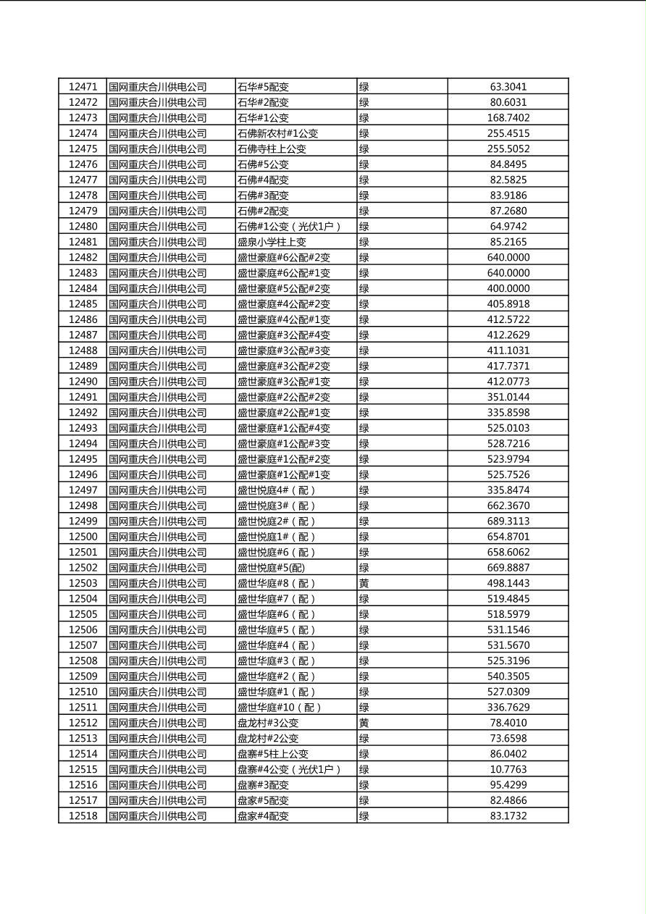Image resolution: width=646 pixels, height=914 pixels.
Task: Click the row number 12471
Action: click(x=83, y=87)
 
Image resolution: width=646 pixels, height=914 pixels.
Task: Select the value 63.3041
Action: click(x=508, y=87)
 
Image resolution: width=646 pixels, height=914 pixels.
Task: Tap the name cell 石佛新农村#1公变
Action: click(x=278, y=133)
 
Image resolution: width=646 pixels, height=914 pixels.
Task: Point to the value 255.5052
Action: click(x=508, y=149)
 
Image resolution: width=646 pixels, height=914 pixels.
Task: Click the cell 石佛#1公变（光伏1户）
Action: click(x=289, y=227)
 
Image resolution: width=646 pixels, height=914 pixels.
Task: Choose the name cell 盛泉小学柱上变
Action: click(x=272, y=242)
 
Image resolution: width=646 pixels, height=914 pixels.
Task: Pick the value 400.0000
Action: click(x=508, y=289)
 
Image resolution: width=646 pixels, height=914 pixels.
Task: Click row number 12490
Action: click(x=83, y=382)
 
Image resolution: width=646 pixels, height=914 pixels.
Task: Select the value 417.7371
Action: click(x=508, y=366)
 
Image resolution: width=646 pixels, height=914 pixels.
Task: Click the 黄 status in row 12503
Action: click(x=364, y=584)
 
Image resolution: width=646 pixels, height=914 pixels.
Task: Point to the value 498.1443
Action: click(x=508, y=584)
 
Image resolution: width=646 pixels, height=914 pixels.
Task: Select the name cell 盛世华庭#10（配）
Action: click(x=280, y=708)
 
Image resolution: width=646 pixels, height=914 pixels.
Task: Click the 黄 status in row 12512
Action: click(x=364, y=723)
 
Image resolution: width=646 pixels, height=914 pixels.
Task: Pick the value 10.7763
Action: click(x=508, y=770)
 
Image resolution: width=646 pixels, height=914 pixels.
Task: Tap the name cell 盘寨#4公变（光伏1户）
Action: click(x=289, y=770)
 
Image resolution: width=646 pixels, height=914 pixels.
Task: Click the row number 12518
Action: click(x=83, y=816)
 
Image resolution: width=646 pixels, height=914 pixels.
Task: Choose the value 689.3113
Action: click(x=508, y=521)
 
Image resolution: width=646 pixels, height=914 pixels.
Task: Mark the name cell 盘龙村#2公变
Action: click(x=268, y=739)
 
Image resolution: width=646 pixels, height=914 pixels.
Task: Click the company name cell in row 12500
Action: click(x=158, y=537)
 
